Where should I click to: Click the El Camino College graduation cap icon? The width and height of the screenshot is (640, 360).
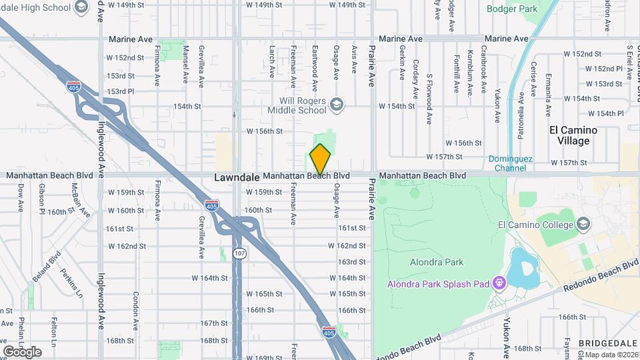(583, 223)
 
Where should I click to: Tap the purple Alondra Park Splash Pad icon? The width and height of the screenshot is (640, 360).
(497, 285)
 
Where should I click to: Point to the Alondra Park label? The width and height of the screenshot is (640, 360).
(437, 262)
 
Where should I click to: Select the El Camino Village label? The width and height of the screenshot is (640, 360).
(573, 135)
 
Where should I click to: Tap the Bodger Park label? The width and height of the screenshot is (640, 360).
(511, 9)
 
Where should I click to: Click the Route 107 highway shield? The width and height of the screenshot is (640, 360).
(239, 253)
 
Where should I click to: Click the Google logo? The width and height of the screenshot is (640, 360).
(21, 351)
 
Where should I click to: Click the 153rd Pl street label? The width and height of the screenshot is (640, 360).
(121, 91)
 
